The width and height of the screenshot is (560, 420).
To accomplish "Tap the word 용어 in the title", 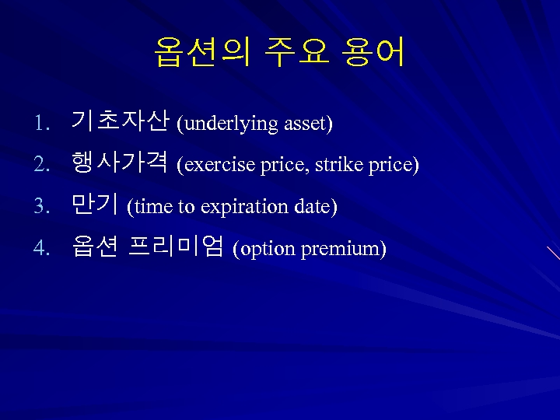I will click(373, 52).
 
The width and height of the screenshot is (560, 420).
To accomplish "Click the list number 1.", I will click(40, 124).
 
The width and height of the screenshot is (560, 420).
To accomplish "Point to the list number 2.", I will click(40, 165).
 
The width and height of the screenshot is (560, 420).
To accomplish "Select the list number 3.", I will click(40, 207).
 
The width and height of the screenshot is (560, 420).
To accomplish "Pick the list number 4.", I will click(40, 249).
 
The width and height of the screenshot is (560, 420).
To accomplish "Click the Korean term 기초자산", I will click(119, 121).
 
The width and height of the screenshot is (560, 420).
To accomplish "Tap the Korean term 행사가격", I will click(119, 163).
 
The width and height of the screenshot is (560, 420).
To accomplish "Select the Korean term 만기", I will click(93, 205).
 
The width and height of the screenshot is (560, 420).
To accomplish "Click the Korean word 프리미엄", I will click(176, 247).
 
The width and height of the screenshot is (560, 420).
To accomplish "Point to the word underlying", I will click(231, 124).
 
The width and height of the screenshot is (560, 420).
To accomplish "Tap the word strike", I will click(335, 165).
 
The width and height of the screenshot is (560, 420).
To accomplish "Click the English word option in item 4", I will click(267, 250).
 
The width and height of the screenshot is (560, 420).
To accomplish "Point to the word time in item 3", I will click(152, 207).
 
